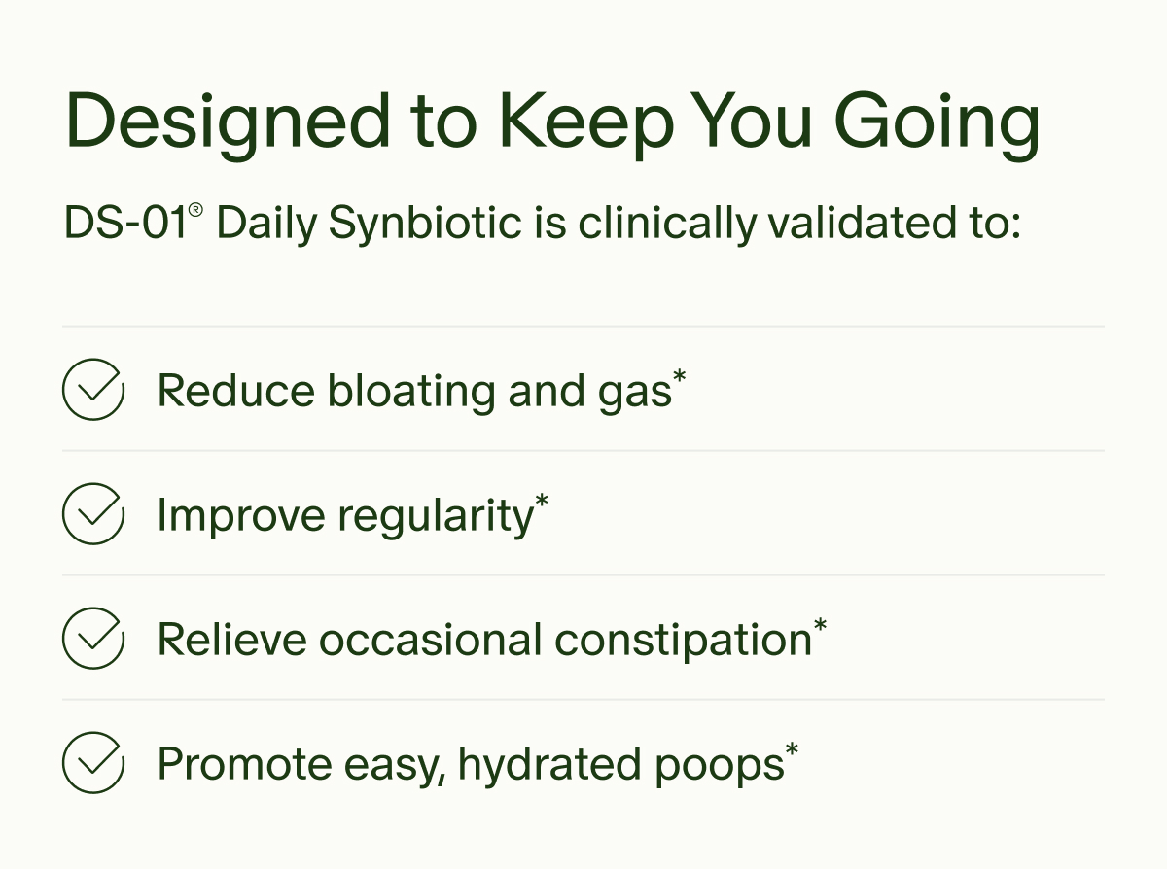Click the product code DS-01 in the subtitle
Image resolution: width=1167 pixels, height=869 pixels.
tap(125, 224)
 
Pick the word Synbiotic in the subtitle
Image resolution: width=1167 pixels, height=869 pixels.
tap(426, 224)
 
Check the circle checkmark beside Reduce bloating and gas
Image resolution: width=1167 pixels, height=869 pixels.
tap(93, 390)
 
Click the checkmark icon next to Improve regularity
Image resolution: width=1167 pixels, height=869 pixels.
tap(93, 514)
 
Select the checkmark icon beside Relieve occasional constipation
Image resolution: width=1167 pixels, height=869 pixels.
tap(93, 639)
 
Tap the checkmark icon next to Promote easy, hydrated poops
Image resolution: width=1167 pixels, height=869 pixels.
tap(93, 763)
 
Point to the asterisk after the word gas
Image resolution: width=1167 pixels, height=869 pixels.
tap(680, 378)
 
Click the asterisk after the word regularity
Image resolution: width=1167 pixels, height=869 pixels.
tap(542, 503)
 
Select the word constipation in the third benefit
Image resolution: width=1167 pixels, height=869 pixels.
tap(683, 640)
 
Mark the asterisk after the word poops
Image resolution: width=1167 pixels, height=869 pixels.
tap(793, 751)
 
